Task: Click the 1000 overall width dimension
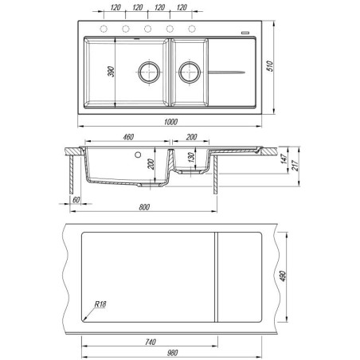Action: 170,122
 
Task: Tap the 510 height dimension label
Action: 270,66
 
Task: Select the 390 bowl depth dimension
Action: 111,72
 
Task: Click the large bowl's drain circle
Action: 149,72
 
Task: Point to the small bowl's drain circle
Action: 190,72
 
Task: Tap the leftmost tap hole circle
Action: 104,29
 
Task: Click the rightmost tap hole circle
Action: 192,29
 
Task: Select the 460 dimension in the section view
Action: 128,137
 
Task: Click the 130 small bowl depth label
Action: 191,157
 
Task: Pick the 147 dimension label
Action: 284,158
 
